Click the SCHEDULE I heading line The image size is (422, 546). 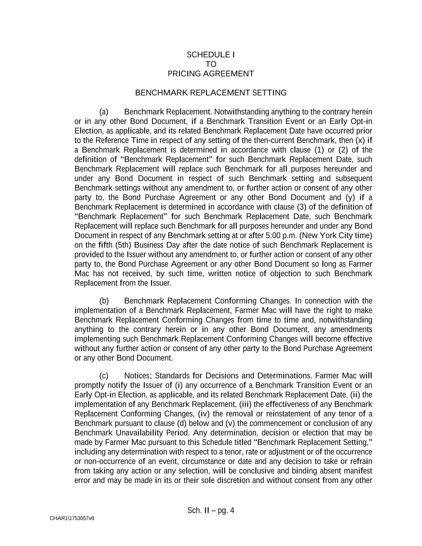tap(211, 54)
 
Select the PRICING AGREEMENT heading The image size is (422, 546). tap(211, 74)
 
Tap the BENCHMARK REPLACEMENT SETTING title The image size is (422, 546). tap(211, 93)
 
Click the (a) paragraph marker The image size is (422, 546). tap(104, 112)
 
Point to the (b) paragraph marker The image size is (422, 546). tap(104, 301)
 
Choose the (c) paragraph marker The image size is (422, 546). tap(104, 376)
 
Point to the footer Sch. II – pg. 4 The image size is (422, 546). tap(211, 510)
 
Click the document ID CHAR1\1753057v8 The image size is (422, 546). tap(72, 518)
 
